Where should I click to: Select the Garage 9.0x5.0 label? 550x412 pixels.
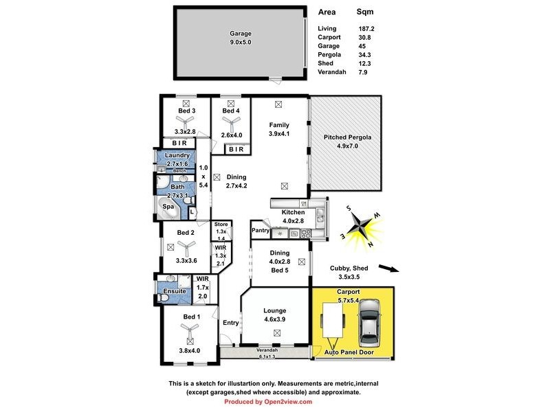click(241, 38)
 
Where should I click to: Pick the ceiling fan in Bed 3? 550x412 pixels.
click(186, 120)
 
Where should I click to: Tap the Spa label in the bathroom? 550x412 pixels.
click(168, 206)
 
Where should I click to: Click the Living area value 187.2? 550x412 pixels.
click(366, 28)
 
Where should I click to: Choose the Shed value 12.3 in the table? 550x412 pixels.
click(365, 63)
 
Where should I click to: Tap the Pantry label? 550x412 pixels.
click(260, 230)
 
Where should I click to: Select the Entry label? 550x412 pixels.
click(230, 323)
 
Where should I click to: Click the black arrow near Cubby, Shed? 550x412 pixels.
click(387, 269)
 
